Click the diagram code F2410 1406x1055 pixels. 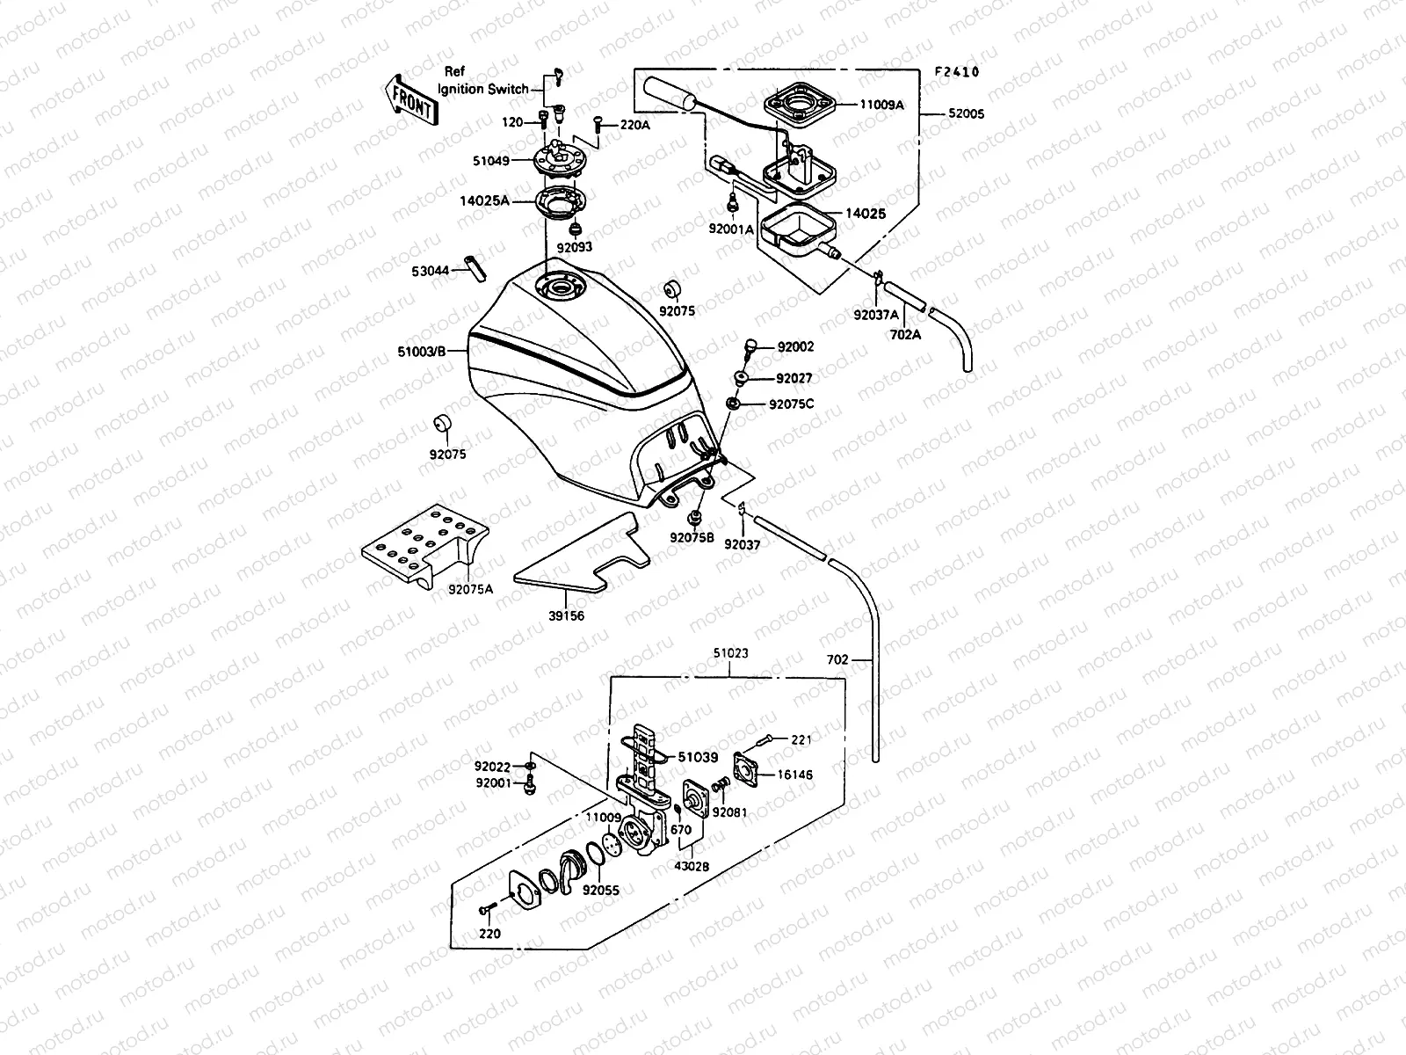[x=957, y=72]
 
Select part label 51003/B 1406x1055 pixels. [x=422, y=352]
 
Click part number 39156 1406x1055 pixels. [x=566, y=616]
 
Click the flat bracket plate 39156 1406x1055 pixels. [x=580, y=554]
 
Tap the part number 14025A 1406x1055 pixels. [x=483, y=200]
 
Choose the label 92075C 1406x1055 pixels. [x=791, y=404]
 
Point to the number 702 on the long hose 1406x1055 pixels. [x=838, y=658]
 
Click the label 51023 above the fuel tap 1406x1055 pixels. [x=730, y=653]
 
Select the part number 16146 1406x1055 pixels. [x=794, y=775]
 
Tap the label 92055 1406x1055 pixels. [x=601, y=890]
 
